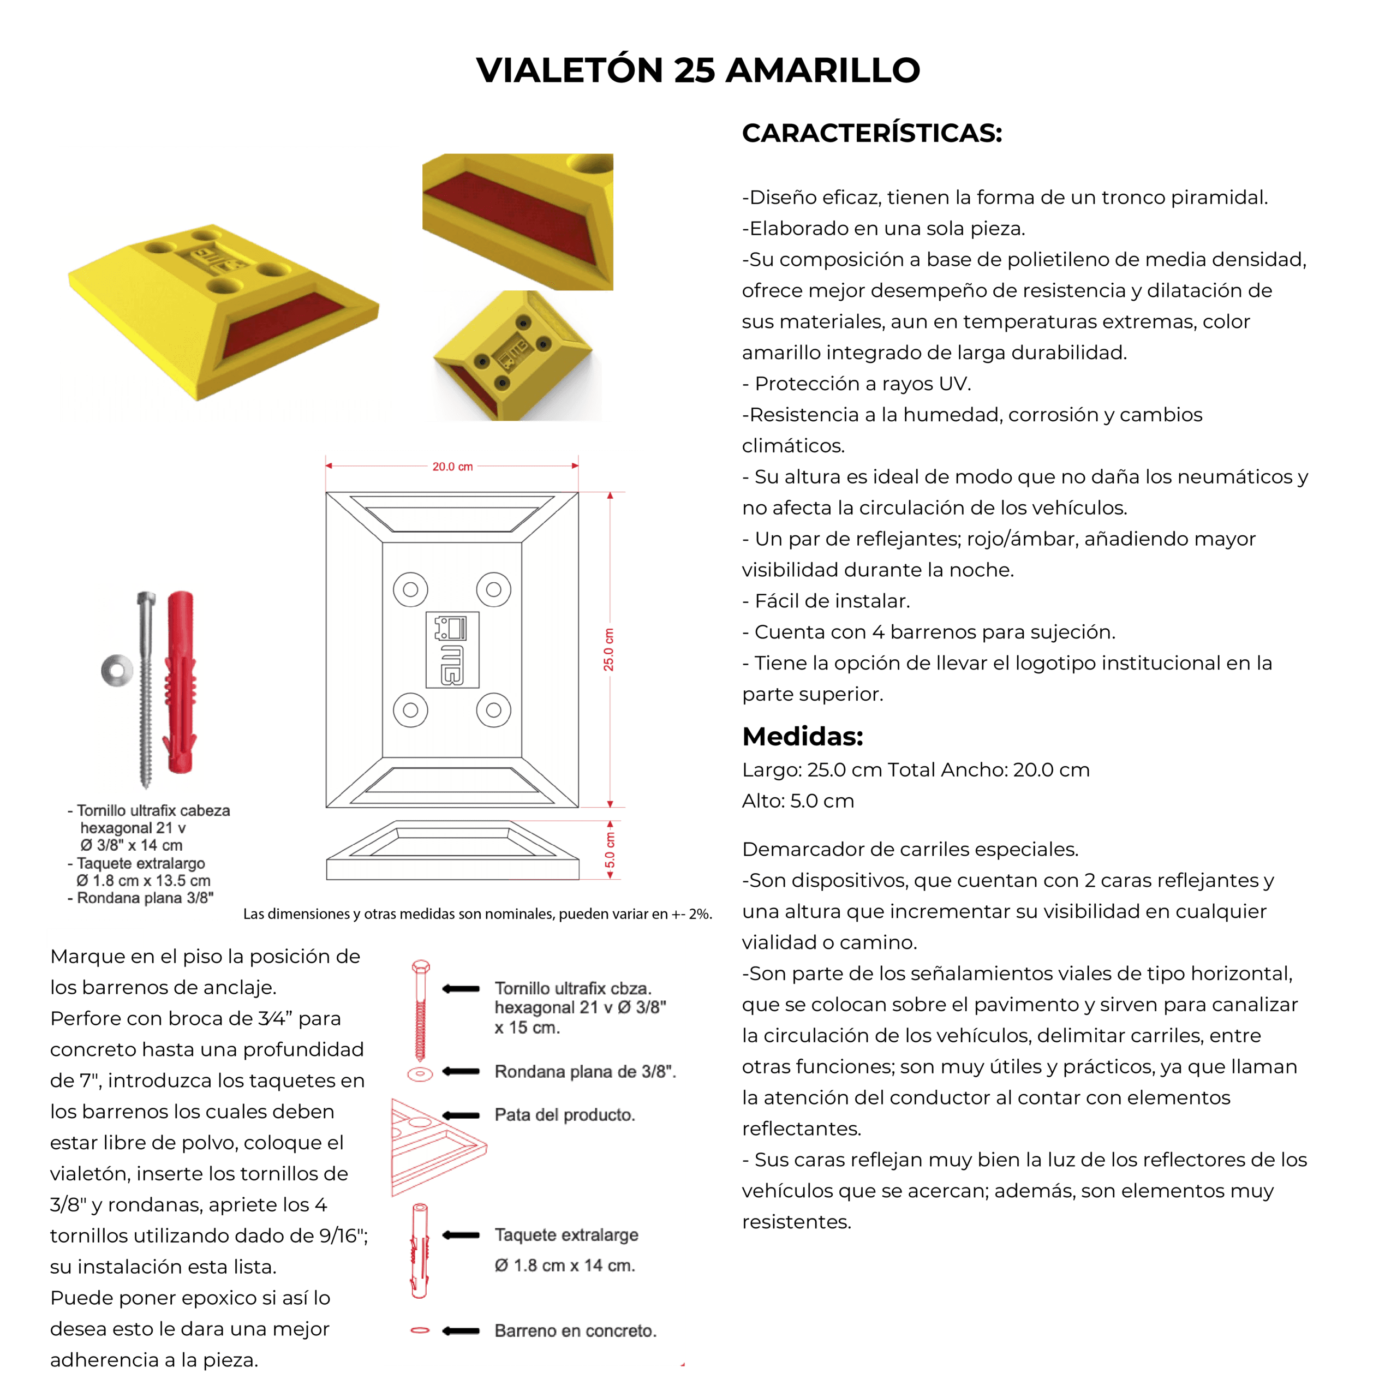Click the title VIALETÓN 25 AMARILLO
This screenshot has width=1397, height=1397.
[x=698, y=70]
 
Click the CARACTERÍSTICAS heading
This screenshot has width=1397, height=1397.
[x=872, y=133]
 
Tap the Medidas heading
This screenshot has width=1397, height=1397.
[x=803, y=736]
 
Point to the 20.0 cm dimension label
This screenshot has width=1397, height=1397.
[x=452, y=467]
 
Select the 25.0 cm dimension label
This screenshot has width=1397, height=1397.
[x=609, y=649]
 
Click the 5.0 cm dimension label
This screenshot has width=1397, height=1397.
[x=610, y=850]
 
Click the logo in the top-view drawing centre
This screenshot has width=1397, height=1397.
[x=452, y=649]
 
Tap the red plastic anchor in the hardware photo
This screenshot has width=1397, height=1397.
[x=180, y=683]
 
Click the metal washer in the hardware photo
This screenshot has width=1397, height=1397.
[x=116, y=670]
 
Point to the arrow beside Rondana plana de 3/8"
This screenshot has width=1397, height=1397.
[x=461, y=1071]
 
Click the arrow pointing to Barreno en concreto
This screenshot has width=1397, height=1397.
[x=461, y=1330]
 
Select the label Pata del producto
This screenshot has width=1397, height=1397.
[x=565, y=1115]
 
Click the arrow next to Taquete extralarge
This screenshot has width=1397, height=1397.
[x=461, y=1235]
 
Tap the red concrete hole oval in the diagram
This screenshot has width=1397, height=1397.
[x=420, y=1330]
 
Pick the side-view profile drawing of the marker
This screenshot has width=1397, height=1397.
[x=452, y=850]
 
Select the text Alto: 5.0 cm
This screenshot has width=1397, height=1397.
[x=798, y=801]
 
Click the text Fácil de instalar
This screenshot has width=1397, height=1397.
[x=827, y=601]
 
